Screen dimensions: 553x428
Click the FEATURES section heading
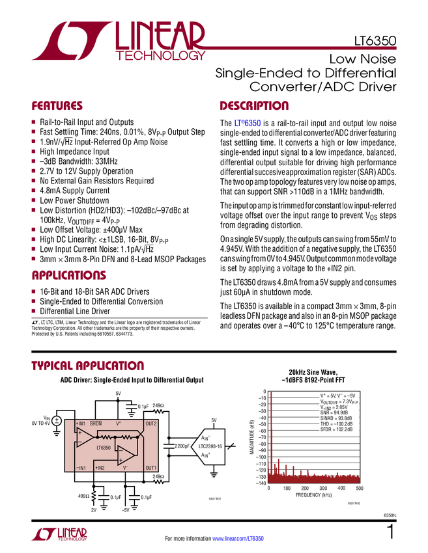tap(57, 105)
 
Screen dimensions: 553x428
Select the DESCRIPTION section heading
tap(255, 105)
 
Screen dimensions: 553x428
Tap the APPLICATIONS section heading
tap(68, 276)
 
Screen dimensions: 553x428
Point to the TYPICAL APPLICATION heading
tap(87, 366)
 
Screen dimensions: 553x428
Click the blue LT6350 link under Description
tap(248, 122)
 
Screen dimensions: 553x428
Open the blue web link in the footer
tap(238, 538)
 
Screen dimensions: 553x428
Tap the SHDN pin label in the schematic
tap(96, 424)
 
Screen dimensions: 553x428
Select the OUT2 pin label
tap(151, 424)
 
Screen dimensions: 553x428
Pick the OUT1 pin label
tap(151, 468)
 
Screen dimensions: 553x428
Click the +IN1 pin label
tap(81, 424)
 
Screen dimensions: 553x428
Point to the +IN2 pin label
tap(100, 468)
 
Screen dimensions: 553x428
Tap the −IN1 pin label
tap(81, 468)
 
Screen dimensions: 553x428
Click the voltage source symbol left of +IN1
tap(57, 421)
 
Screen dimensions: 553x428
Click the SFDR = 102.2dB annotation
tap(336, 429)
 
